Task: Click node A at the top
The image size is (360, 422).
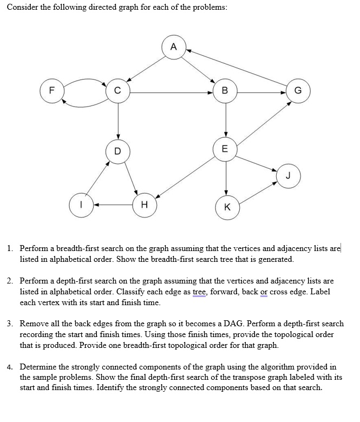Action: click(x=173, y=47)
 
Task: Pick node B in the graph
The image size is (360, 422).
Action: click(x=225, y=91)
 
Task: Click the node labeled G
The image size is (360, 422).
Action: click(x=298, y=91)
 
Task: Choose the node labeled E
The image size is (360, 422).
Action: click(x=226, y=149)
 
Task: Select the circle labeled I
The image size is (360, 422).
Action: click(x=81, y=205)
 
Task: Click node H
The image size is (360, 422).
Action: click(x=143, y=205)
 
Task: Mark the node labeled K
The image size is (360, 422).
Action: click(x=226, y=207)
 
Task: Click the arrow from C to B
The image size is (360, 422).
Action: click(x=171, y=92)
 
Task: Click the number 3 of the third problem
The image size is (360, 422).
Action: click(x=10, y=324)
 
